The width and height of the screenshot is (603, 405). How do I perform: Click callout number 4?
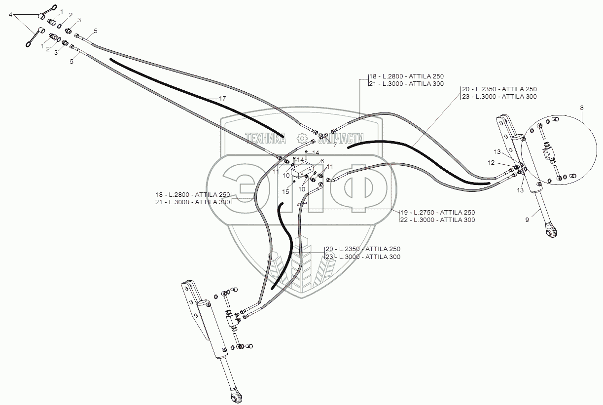click(10, 15)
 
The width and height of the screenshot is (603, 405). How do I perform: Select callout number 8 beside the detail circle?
click(582, 107)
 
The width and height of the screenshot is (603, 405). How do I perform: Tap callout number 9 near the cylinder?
click(527, 220)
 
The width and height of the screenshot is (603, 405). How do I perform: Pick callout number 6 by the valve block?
click(322, 161)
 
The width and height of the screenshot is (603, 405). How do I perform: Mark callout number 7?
click(335, 145)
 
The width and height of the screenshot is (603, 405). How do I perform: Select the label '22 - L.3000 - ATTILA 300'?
click(439, 220)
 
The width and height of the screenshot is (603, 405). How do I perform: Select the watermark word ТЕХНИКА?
click(266, 139)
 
